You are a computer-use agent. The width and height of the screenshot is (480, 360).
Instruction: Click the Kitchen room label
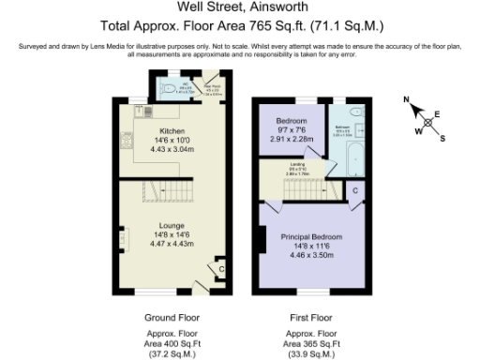(x=172, y=130)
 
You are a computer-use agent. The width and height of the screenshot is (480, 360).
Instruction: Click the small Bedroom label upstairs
(x=292, y=122)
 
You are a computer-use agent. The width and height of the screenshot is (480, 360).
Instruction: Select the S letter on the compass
(x=442, y=140)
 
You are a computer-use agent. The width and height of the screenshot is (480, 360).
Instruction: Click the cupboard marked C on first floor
(x=354, y=191)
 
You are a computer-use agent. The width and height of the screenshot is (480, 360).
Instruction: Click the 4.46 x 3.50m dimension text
(x=310, y=255)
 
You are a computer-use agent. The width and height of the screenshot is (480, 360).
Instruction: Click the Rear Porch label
(x=213, y=89)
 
